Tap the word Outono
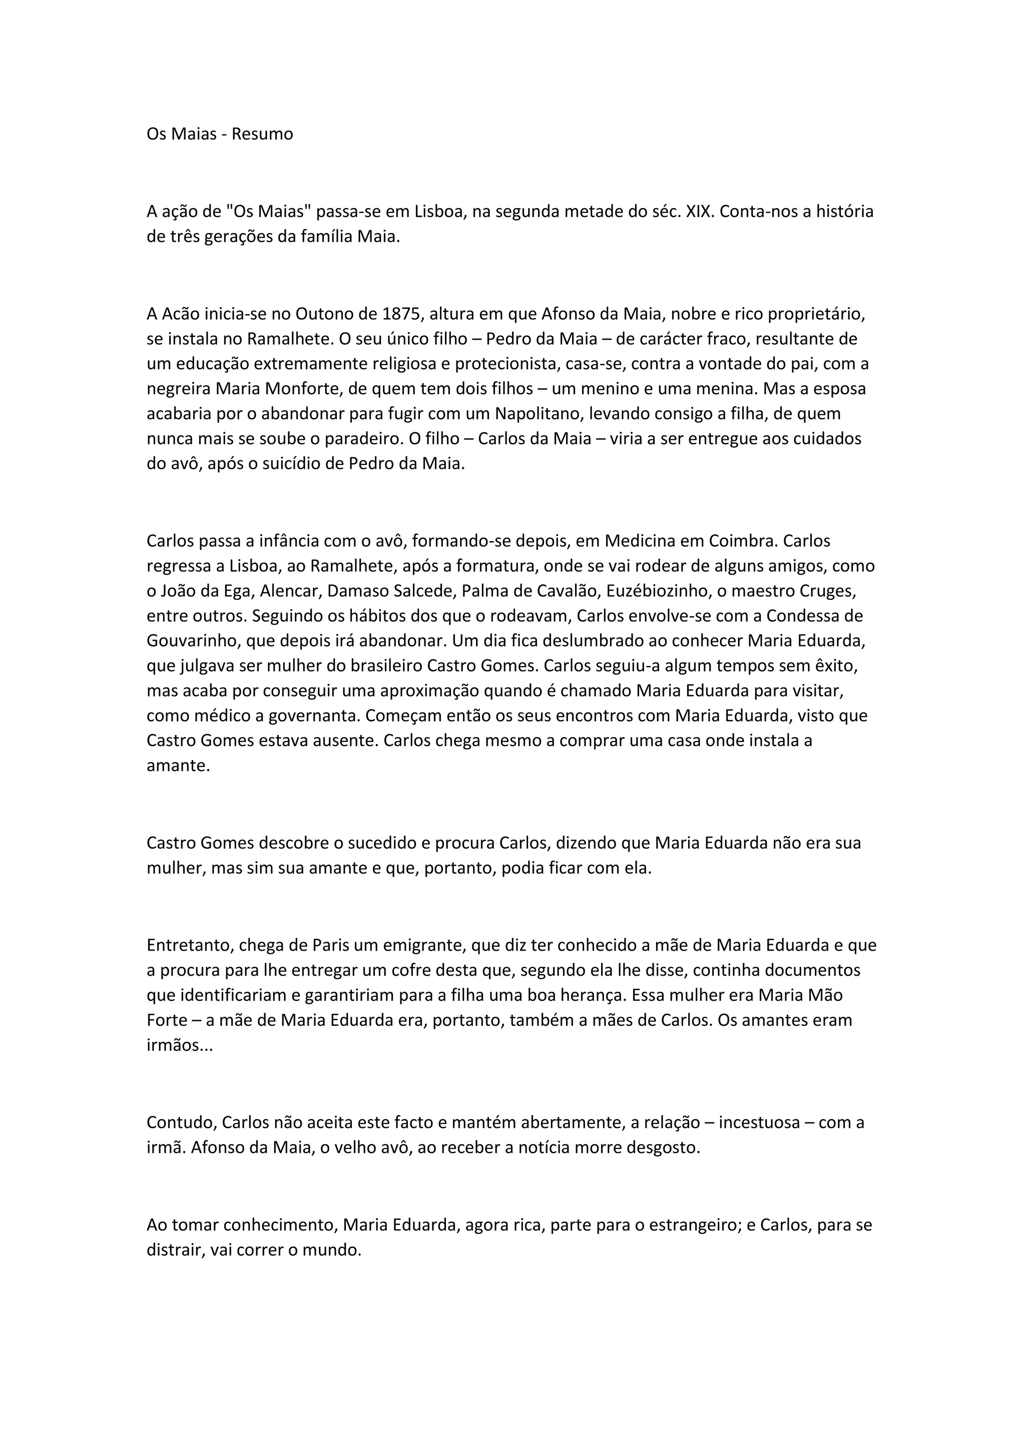coord(326,314)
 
